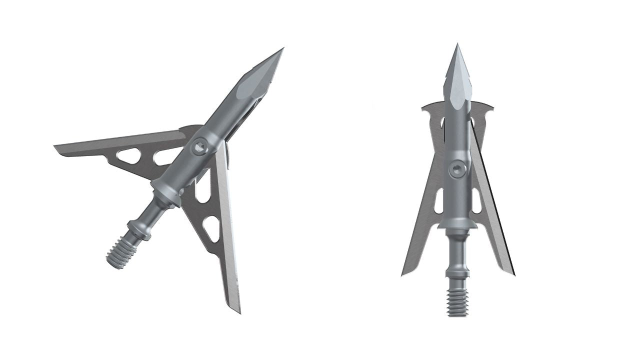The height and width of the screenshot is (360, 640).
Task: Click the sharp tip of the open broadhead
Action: [282, 49]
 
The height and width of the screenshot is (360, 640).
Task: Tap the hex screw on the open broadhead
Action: [199, 146]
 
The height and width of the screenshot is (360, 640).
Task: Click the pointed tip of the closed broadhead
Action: [457, 45]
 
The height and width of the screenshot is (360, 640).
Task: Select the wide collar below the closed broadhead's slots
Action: [457, 225]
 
